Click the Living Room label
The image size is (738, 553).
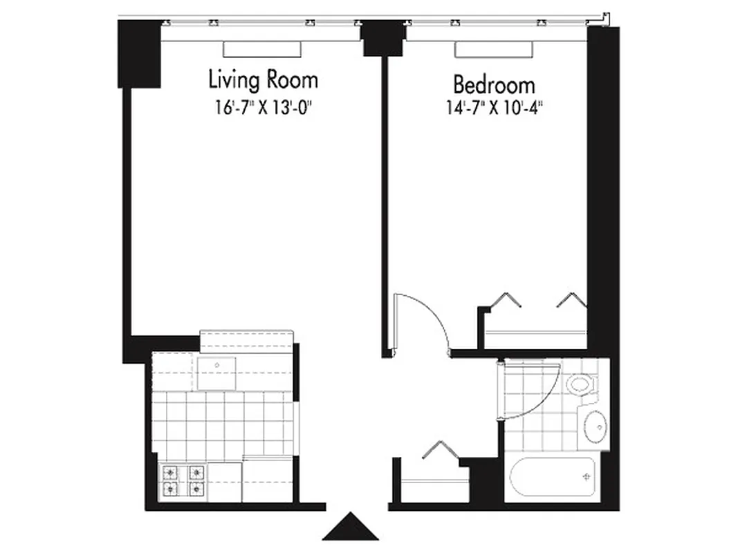[x=263, y=80]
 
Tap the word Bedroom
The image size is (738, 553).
[x=494, y=85]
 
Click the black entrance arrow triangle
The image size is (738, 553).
[x=351, y=527]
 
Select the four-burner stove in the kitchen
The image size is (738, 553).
[x=184, y=481]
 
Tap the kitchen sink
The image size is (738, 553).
[x=216, y=373]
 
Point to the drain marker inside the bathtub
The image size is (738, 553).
[x=587, y=477]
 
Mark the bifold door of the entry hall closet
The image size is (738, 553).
[x=438, y=449]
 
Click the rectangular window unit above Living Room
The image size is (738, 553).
[x=262, y=49]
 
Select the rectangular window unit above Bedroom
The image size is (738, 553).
[x=494, y=49]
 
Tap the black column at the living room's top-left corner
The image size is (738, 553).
[x=139, y=54]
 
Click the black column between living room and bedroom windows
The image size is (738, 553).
[x=382, y=39]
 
